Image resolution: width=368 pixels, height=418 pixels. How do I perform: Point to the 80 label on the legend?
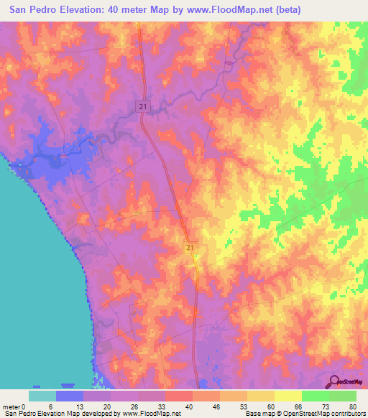(x=353, y=406)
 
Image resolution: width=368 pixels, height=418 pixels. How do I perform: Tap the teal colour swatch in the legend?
(x=42, y=396)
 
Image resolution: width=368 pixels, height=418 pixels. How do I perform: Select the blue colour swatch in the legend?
(x=70, y=396)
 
